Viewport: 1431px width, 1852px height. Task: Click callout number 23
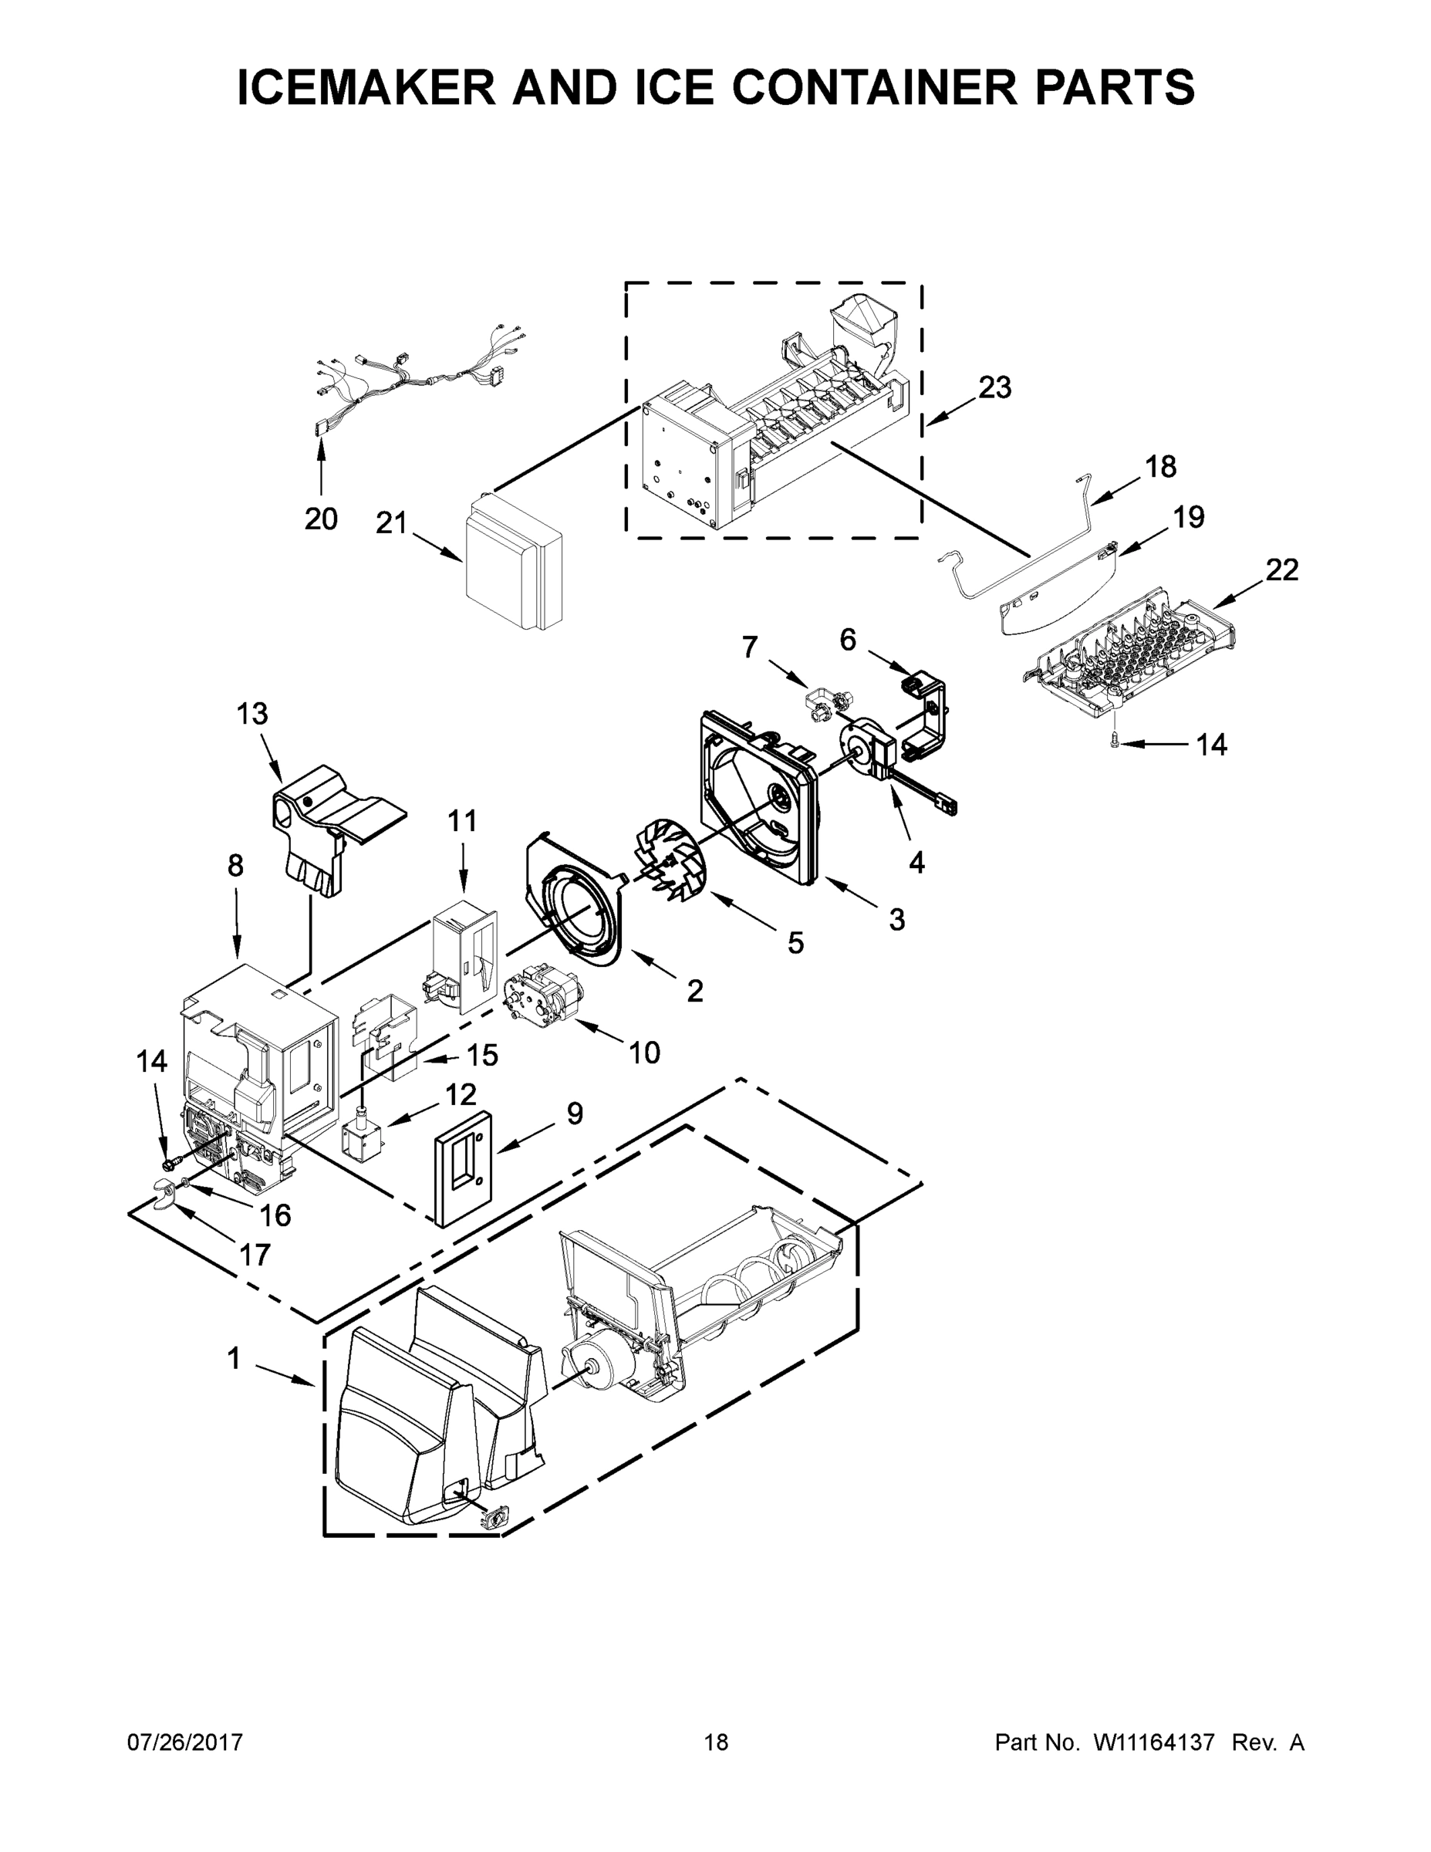coord(994,387)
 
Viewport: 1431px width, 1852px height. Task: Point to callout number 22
coord(1282,569)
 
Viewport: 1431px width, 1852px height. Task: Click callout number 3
coord(896,918)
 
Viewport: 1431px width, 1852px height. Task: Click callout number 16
coord(275,1216)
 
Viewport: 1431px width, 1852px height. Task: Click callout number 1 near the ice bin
coord(233,1358)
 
